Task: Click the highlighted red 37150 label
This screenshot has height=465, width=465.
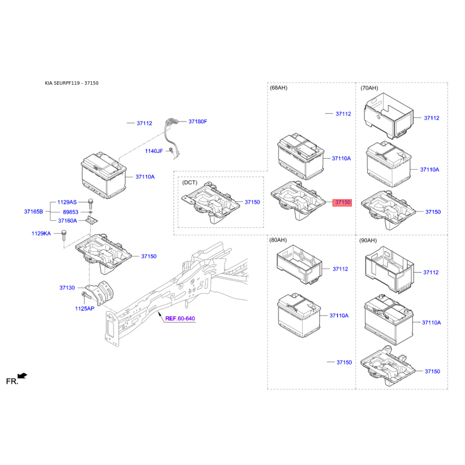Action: click(x=342, y=202)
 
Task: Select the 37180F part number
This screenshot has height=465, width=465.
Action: click(x=198, y=121)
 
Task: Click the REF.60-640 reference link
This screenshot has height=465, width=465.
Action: click(x=180, y=319)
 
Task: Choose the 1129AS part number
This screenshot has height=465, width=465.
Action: click(x=67, y=202)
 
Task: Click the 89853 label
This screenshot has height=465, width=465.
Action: click(x=70, y=212)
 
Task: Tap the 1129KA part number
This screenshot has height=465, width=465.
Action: click(x=41, y=234)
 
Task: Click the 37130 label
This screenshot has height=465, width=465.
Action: click(x=67, y=288)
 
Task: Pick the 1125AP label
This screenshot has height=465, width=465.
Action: click(x=84, y=309)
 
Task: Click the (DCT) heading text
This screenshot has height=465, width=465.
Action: click(x=190, y=182)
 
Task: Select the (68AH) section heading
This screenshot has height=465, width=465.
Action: click(x=278, y=88)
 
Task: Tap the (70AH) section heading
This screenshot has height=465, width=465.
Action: click(x=369, y=88)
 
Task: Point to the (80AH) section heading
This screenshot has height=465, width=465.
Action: click(x=278, y=240)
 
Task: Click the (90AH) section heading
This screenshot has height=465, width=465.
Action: click(x=369, y=240)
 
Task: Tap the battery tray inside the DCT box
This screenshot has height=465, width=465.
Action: click(x=210, y=203)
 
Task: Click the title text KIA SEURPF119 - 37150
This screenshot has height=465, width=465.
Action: click(x=72, y=83)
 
